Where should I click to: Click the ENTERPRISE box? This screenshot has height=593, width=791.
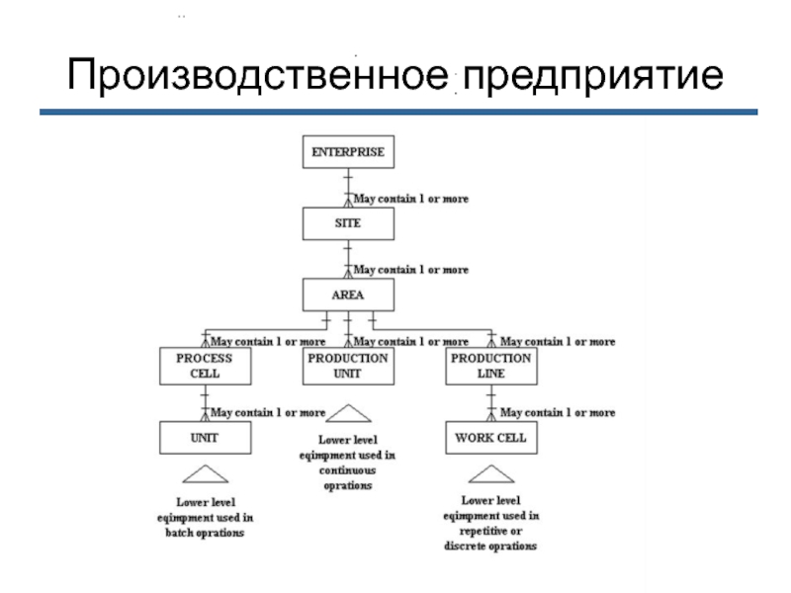(x=347, y=153)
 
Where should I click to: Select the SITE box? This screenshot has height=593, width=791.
(x=347, y=223)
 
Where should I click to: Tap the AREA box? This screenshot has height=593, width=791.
(x=347, y=295)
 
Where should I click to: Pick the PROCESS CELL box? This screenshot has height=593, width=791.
(x=205, y=366)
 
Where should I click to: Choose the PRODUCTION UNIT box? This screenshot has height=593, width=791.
(x=347, y=366)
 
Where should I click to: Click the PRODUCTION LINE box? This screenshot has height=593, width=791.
(x=490, y=366)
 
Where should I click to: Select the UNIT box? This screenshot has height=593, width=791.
(x=205, y=437)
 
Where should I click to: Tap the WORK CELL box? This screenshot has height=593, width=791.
(x=490, y=437)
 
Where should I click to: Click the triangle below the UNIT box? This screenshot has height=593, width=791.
(x=205, y=472)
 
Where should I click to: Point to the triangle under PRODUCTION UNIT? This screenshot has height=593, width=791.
(x=347, y=413)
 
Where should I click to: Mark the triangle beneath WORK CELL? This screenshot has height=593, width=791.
(x=490, y=472)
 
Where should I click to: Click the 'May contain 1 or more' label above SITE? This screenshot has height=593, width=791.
(x=411, y=199)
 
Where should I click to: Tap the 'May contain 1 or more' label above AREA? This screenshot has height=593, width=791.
(x=411, y=270)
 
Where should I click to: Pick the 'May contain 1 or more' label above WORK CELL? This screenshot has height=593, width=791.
(x=558, y=412)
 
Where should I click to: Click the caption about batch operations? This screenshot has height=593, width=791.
(x=205, y=517)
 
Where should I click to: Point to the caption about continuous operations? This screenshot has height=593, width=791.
(x=347, y=463)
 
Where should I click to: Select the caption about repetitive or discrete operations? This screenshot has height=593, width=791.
(x=490, y=524)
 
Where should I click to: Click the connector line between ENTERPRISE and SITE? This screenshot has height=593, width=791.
(x=347, y=188)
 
